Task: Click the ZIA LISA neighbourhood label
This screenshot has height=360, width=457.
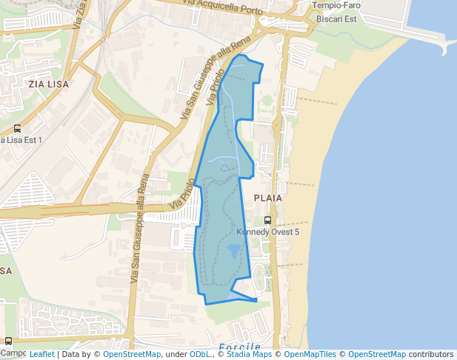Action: pyautogui.click(x=48, y=84)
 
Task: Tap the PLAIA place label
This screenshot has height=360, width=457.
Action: pyautogui.click(x=268, y=199)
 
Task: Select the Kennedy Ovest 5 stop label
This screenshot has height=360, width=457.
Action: pyautogui.click(x=268, y=232)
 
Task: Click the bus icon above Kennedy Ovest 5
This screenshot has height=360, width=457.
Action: pyautogui.click(x=268, y=220)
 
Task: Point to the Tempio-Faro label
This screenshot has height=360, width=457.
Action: pyautogui.click(x=336, y=6)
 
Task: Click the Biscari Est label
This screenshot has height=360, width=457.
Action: pyautogui.click(x=336, y=19)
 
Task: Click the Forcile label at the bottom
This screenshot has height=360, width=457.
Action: pyautogui.click(x=240, y=347)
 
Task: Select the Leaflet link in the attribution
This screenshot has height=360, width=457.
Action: pyautogui.click(x=41, y=355)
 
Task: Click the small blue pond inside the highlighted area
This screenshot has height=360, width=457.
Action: pyautogui.click(x=234, y=250)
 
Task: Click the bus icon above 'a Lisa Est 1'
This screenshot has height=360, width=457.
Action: pyautogui.click(x=17, y=128)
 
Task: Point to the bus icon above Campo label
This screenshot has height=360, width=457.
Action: pyautogui.click(x=8, y=341)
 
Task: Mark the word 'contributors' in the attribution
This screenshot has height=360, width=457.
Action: pyautogui.click(x=431, y=355)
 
